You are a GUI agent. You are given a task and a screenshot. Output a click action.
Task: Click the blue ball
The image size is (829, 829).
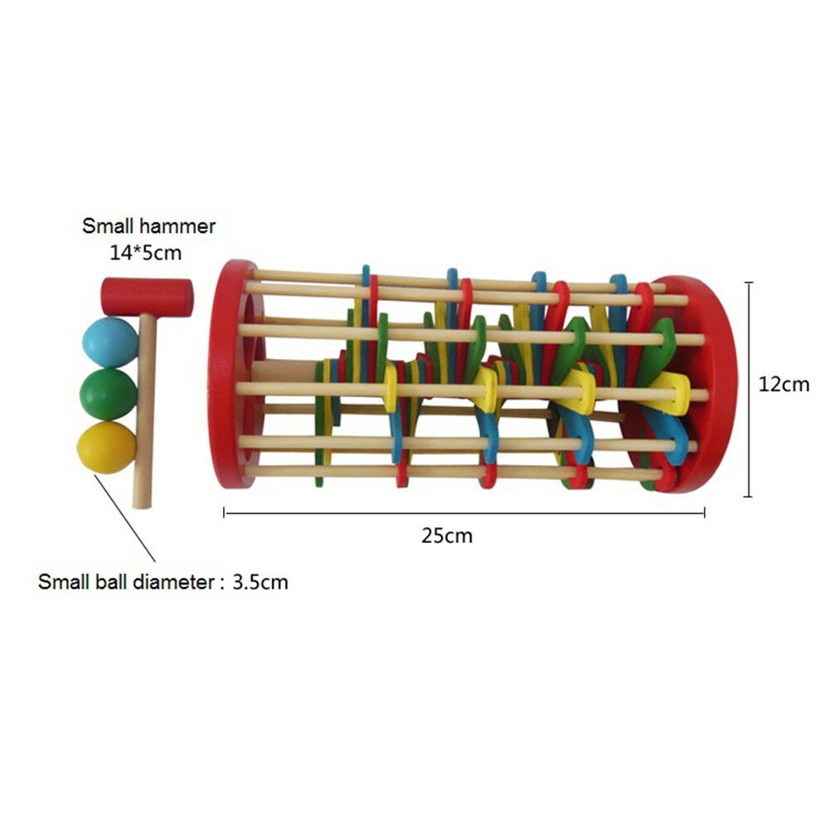tap(109, 342)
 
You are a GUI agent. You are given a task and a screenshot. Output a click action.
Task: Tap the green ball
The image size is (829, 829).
tap(108, 395)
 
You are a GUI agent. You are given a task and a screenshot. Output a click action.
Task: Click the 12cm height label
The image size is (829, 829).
tap(783, 385)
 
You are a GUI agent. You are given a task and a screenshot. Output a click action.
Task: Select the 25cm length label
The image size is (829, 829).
tap(447, 536)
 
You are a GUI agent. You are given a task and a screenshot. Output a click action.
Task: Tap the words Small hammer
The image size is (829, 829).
tap(148, 226)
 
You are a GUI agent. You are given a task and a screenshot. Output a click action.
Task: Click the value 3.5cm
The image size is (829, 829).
tap(260, 582)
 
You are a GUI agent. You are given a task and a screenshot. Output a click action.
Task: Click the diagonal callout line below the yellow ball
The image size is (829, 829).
tap(132, 518)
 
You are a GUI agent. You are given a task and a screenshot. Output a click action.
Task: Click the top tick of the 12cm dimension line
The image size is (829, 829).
tap(749, 283)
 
